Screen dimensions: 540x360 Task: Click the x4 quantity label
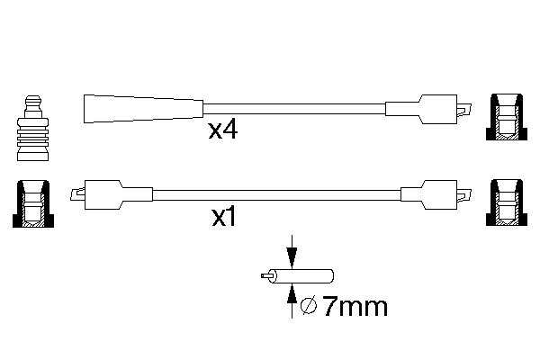[x=223, y=130]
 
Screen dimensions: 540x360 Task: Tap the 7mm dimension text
[x=355, y=307]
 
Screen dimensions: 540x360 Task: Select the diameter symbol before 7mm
[x=308, y=307]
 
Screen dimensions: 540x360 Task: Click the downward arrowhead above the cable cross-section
[x=292, y=257]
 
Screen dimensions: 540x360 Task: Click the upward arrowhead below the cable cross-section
[x=292, y=295]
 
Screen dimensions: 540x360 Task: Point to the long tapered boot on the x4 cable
[x=144, y=109]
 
